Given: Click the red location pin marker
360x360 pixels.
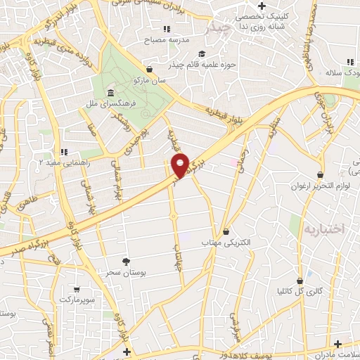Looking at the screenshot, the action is [181, 165].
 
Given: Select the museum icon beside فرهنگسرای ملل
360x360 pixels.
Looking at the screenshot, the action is [110, 94].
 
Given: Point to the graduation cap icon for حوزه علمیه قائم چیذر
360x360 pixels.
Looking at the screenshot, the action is [202, 53].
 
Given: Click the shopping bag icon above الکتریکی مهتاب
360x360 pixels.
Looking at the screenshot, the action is [226, 231].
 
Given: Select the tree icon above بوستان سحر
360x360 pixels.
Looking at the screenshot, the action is [126, 261].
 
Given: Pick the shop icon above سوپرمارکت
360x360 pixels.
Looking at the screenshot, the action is [76, 288].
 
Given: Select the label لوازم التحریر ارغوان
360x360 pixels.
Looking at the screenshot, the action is [320, 186].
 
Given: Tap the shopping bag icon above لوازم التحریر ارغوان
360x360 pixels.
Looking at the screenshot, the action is [321, 174].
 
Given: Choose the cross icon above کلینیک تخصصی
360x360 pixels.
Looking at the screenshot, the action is [262, 6].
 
